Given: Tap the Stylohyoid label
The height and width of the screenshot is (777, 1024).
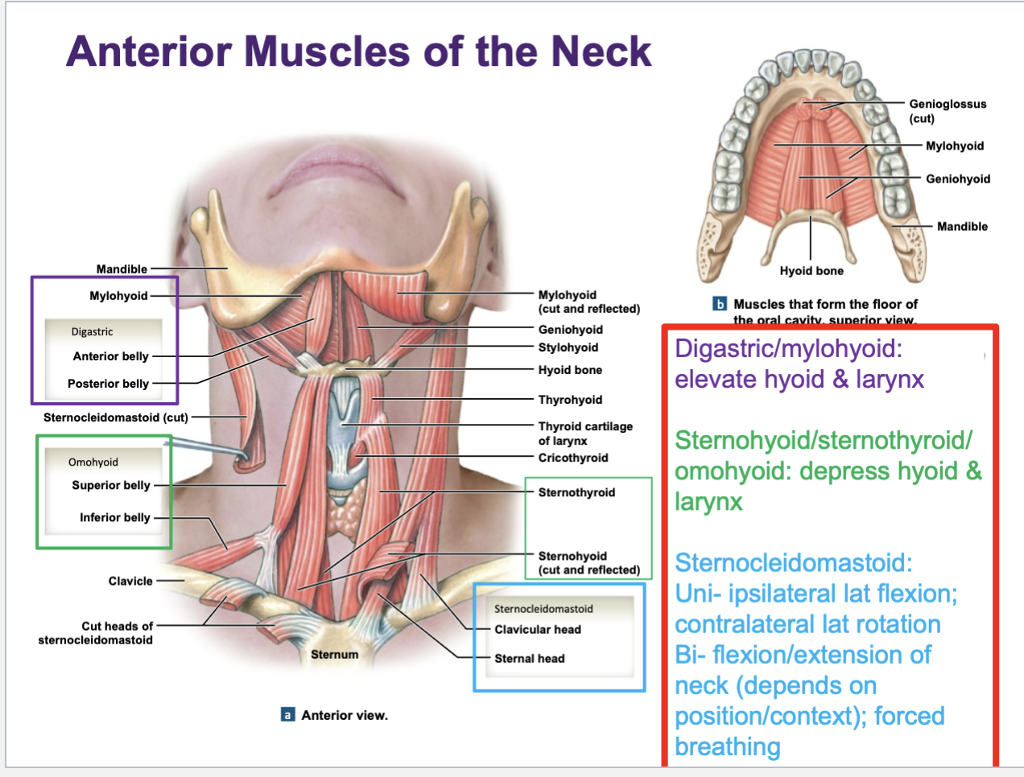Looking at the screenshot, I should click(x=568, y=347).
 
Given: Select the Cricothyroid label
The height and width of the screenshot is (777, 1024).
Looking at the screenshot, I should click(x=573, y=458).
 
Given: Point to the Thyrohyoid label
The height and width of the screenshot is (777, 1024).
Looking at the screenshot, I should click(x=570, y=400).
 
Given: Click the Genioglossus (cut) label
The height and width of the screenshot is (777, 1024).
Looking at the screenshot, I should click(x=947, y=111).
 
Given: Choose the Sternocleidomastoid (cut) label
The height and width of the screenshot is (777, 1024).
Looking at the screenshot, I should click(x=116, y=417).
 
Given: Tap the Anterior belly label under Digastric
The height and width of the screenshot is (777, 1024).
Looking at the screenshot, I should click(x=111, y=356).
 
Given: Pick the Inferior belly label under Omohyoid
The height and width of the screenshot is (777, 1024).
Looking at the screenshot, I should click(x=115, y=517).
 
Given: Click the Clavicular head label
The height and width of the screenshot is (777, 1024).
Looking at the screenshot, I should click(x=538, y=630).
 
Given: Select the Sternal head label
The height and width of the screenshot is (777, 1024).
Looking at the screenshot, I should click(x=530, y=659).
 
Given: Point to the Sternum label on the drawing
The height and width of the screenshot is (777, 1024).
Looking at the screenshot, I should click(x=335, y=655).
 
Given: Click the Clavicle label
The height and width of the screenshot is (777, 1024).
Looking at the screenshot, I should click(x=130, y=581).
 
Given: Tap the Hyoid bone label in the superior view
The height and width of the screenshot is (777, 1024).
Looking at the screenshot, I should click(x=811, y=271).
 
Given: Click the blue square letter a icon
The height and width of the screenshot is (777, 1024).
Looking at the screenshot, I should click(x=287, y=715).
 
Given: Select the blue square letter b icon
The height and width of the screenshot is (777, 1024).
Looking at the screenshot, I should click(x=720, y=304).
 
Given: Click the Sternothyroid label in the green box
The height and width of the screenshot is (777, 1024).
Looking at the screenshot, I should click(x=576, y=492).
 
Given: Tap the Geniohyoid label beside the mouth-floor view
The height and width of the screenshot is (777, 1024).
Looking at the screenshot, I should click(x=958, y=179).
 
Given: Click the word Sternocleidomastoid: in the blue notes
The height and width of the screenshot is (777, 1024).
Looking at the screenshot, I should click(x=794, y=563).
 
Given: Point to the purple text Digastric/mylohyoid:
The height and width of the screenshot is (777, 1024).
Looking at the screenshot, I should click(x=788, y=349).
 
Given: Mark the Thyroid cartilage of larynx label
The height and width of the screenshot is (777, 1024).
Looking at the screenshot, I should click(x=585, y=433).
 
